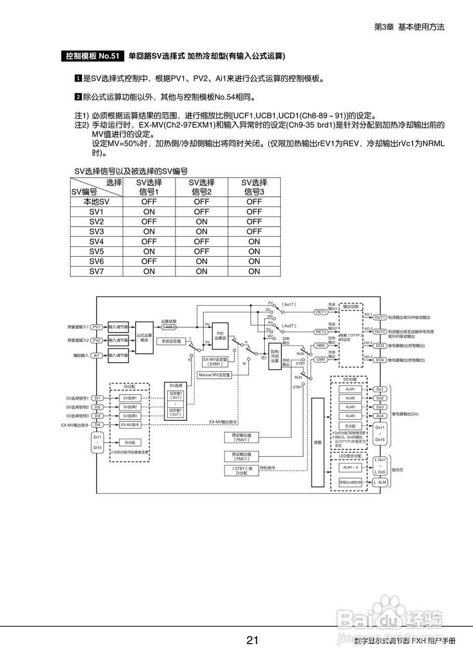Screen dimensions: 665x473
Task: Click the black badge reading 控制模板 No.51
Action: (92, 56)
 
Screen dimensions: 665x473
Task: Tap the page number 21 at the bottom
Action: (252, 640)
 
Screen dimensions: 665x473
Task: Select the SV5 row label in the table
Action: (97, 251)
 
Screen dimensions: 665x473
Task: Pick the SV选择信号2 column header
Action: (201, 187)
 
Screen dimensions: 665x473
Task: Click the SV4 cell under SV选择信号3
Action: (254, 242)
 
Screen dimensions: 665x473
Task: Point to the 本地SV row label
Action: (97, 202)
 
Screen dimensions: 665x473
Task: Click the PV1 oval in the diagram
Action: (97, 327)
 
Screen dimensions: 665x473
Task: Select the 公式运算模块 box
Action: (144, 338)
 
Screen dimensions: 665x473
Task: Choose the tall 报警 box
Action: (318, 442)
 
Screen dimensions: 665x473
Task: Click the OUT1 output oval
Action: (380, 317)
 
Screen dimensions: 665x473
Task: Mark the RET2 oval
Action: (321, 331)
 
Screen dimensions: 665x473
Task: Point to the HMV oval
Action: (320, 345)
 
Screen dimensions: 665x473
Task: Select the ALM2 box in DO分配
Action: (350, 398)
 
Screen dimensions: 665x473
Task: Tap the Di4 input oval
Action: (97, 424)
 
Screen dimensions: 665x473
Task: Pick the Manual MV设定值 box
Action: (214, 375)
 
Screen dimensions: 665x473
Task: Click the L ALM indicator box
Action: (380, 483)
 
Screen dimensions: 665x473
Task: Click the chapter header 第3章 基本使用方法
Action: (410, 28)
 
